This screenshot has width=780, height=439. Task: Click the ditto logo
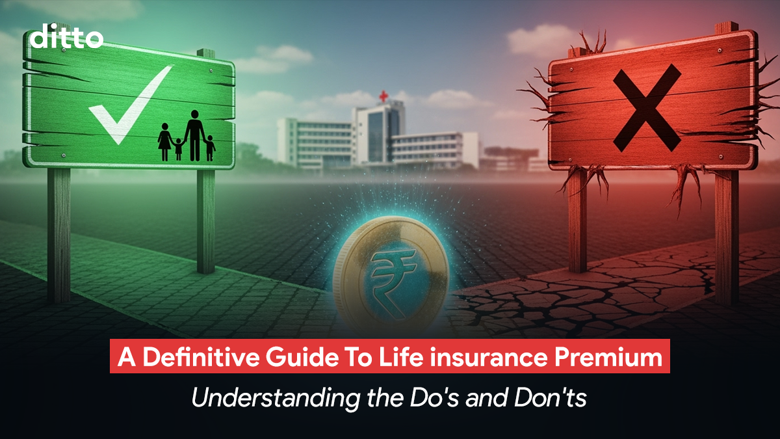(66, 37)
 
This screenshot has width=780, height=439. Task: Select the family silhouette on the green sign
(187, 137)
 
